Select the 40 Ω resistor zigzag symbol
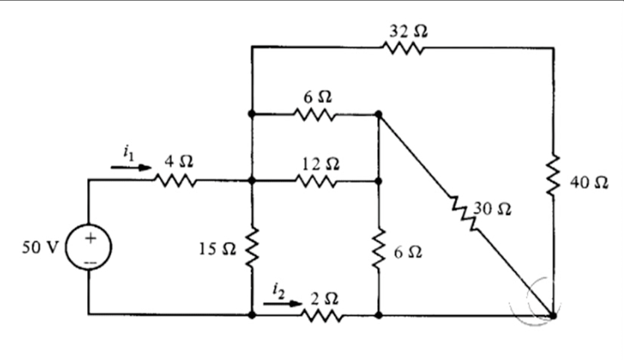[553, 175]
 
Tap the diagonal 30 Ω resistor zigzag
[465, 214]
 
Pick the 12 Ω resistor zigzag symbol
[315, 181]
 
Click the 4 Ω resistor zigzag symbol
[175, 180]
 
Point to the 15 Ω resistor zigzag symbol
[252, 249]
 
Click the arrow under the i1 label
[131, 166]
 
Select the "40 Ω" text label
[588, 182]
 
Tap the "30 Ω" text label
[492, 210]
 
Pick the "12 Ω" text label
[321, 163]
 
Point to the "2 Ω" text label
[324, 299]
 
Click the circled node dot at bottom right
[553, 316]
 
